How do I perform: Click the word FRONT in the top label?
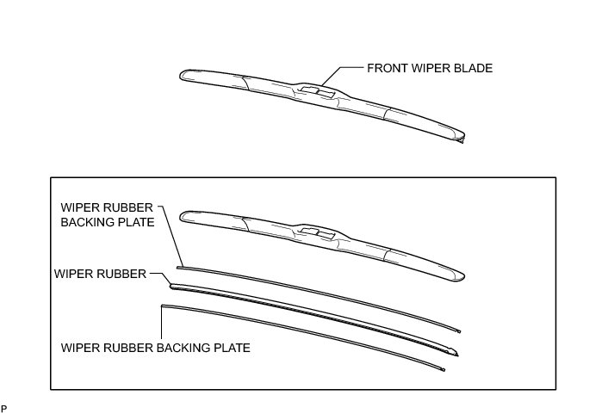386,67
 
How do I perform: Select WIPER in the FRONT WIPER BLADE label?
430,67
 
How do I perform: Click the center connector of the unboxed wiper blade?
319,90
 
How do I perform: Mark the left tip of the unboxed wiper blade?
182,76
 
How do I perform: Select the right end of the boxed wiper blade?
465,276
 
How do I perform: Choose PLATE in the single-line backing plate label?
231,349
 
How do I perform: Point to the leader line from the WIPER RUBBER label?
159,275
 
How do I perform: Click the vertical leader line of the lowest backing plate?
162,322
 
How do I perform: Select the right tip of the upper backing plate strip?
460,331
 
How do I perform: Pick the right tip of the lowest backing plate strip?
443,368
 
